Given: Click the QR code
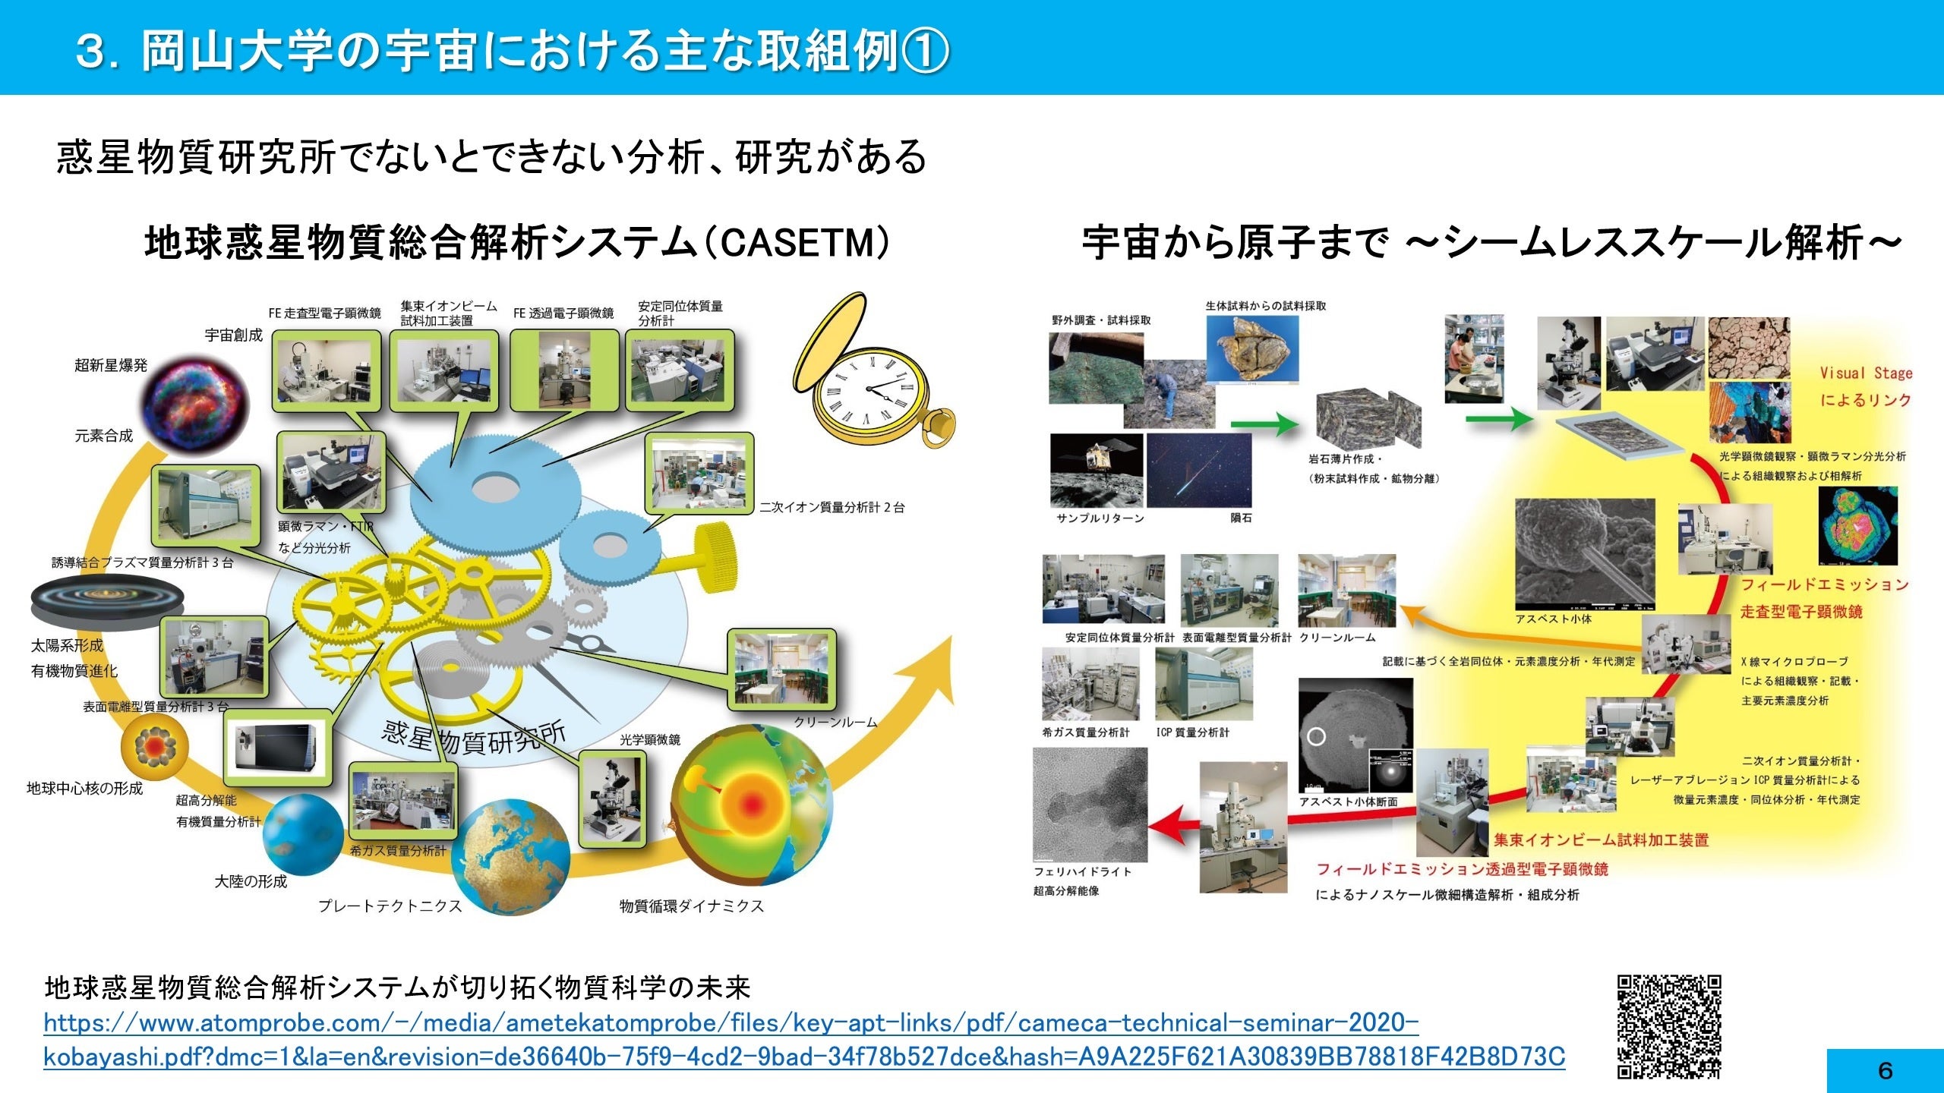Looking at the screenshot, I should (x=1668, y=1026).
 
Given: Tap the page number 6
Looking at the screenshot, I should (x=1885, y=1071).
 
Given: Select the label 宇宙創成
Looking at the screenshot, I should (x=233, y=335).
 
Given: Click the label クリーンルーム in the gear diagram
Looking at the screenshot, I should (x=835, y=722).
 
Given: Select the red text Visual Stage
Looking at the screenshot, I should (x=1866, y=373).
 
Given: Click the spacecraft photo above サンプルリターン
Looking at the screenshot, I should (x=1097, y=470).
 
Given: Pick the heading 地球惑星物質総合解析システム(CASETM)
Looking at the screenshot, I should (x=516, y=243).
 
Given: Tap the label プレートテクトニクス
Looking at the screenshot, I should (x=390, y=906).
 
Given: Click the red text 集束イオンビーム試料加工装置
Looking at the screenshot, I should (x=1602, y=839).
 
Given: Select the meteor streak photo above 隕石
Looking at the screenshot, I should (x=1199, y=470).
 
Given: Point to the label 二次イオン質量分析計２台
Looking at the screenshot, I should (x=832, y=508).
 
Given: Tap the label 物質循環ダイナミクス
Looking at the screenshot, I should (x=691, y=906).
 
